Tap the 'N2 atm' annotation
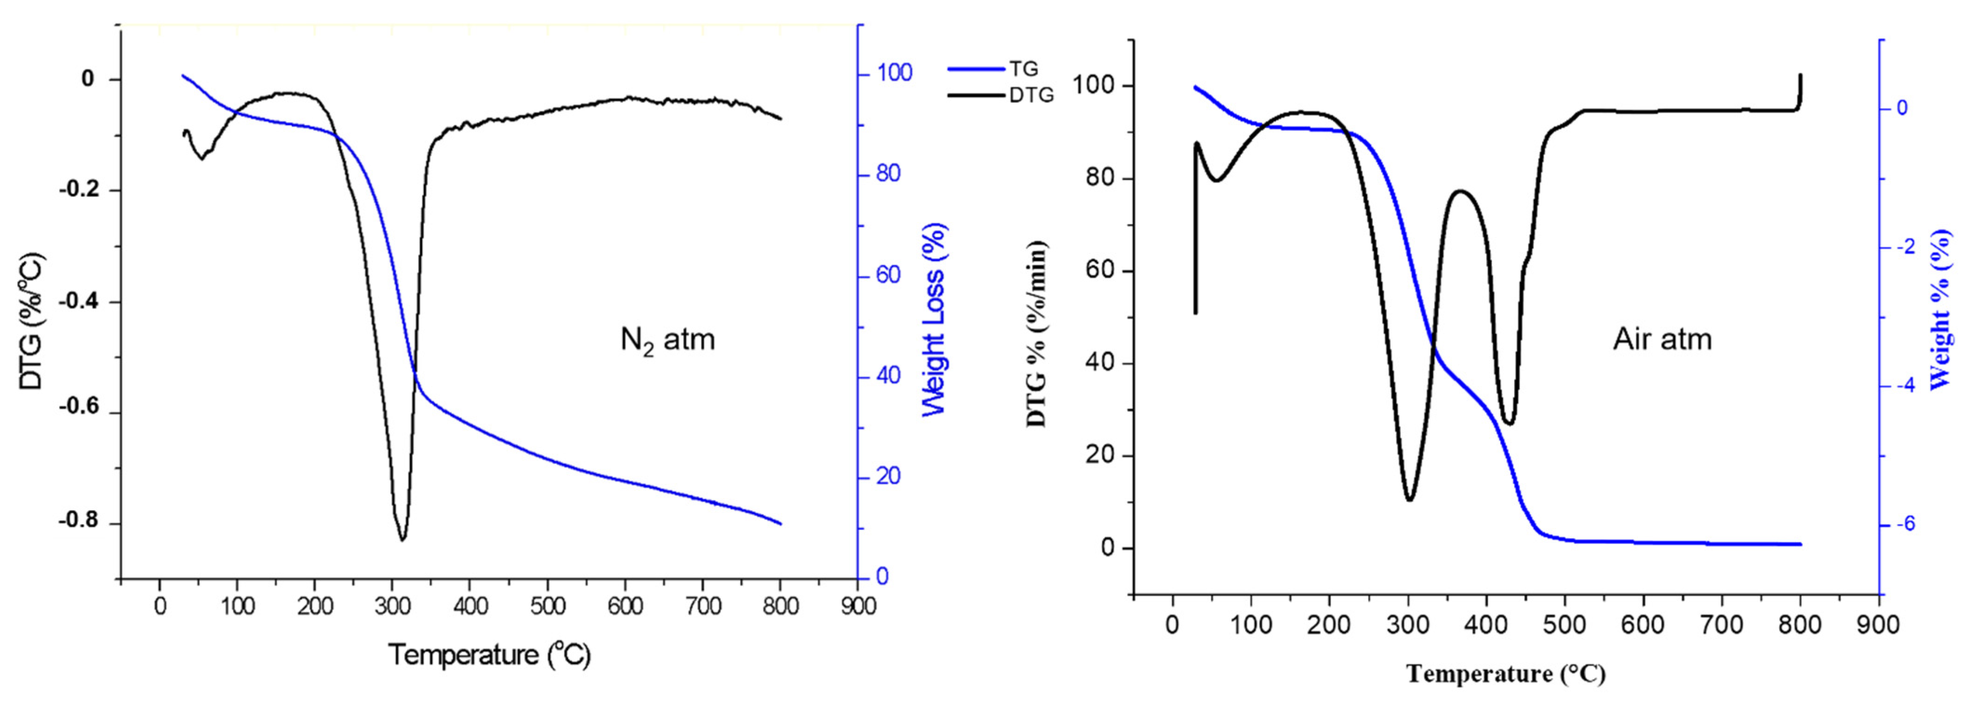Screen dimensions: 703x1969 (x=667, y=339)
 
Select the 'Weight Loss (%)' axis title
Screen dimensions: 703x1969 (x=934, y=320)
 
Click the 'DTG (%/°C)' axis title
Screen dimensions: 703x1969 (x=32, y=321)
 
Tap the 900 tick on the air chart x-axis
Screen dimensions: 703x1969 (x=1878, y=625)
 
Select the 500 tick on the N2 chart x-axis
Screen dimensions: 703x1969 (x=547, y=607)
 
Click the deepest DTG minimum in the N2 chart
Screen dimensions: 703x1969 (x=402, y=539)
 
